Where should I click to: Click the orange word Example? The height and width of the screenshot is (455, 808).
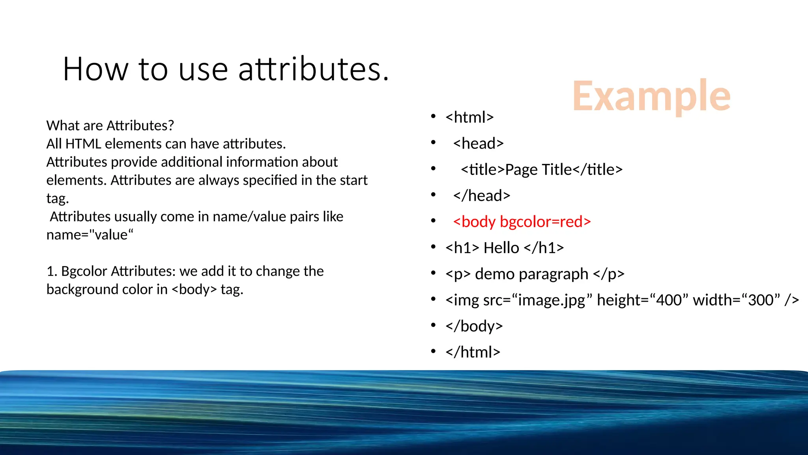tap(651, 96)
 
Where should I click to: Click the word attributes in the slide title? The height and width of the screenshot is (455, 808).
tap(314, 70)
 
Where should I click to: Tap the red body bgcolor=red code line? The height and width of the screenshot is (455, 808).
tap(522, 222)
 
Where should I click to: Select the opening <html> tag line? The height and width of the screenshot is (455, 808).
tap(469, 117)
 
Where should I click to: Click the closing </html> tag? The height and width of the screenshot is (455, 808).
tap(473, 352)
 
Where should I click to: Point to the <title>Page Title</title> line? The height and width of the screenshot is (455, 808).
tap(541, 169)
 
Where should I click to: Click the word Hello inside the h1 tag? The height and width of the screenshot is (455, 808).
tap(501, 248)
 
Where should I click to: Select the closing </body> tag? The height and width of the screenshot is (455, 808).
tap(474, 326)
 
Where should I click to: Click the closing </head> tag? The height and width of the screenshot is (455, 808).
tap(481, 196)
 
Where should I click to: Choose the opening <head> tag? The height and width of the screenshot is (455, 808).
tap(478, 143)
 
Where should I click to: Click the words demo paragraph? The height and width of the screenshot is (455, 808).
tap(531, 274)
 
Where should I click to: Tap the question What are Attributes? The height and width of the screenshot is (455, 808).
tap(110, 126)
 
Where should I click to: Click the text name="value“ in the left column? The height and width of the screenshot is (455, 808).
tap(90, 235)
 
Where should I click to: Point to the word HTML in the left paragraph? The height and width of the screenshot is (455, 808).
tap(83, 144)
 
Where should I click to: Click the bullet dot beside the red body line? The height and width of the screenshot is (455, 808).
tap(433, 221)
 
